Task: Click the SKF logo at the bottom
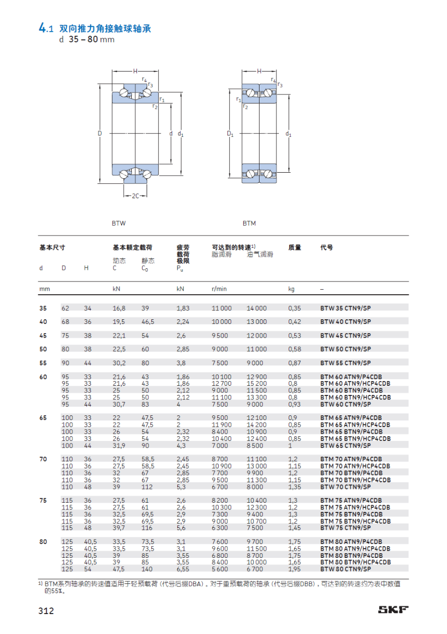coord(393,609)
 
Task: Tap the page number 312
coord(46,610)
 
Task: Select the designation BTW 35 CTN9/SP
coord(345,308)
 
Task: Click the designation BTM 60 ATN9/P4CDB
coord(351,377)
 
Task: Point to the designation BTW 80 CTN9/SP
coord(345,569)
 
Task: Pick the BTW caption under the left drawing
coord(119,223)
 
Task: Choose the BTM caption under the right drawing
coord(249,223)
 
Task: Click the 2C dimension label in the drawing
coord(135,195)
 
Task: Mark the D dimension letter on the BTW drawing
coord(100,133)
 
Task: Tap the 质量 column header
coord(295,247)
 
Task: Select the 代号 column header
coord(326,247)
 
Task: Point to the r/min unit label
coord(219,289)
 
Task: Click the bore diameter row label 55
coord(43,363)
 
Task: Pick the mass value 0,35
coord(295,308)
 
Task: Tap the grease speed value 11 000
coord(222,308)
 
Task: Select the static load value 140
coord(147,569)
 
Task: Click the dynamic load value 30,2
coord(119,363)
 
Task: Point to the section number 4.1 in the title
coord(45,29)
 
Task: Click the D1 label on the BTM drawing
coord(230,134)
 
